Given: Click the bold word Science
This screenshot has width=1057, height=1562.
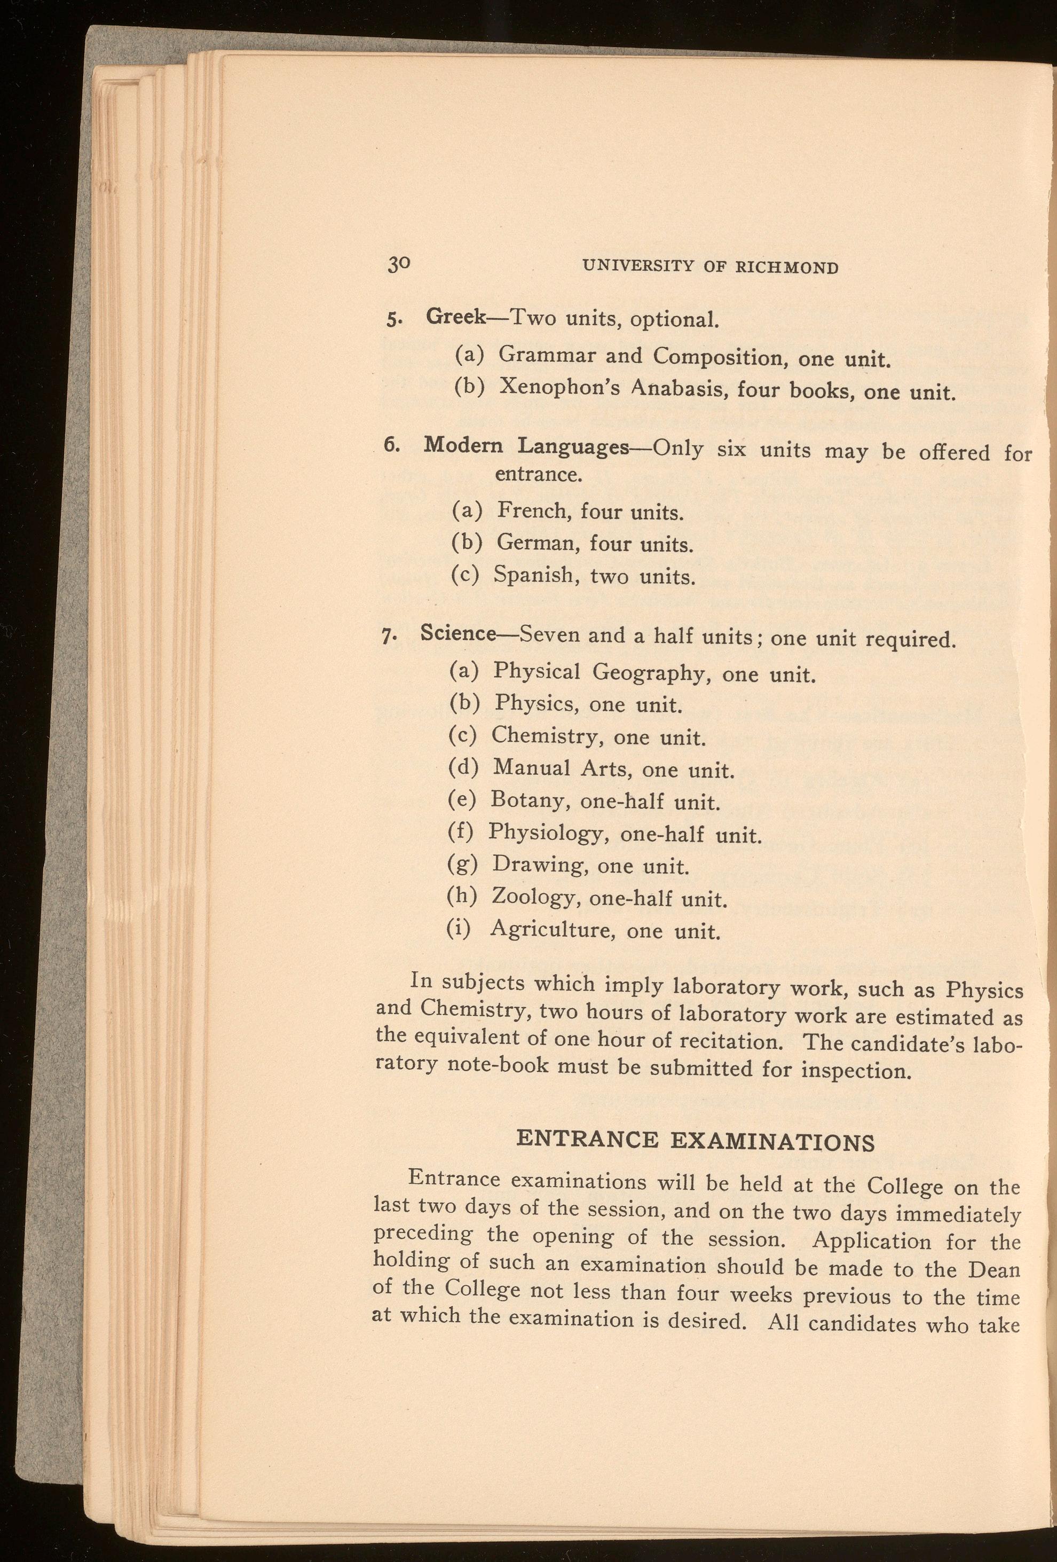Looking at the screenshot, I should [457, 634].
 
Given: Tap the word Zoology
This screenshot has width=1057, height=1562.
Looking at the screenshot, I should [533, 897].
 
